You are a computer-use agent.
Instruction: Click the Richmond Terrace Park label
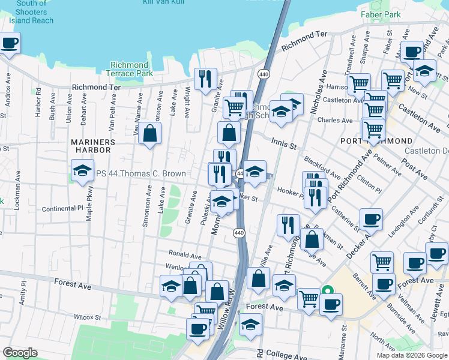129,69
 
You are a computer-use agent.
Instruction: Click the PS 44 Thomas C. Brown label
140,173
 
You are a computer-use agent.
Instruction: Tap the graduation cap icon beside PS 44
82,171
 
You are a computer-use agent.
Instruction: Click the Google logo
20,353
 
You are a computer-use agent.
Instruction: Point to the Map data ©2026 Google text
411,355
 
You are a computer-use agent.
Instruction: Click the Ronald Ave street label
185,255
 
